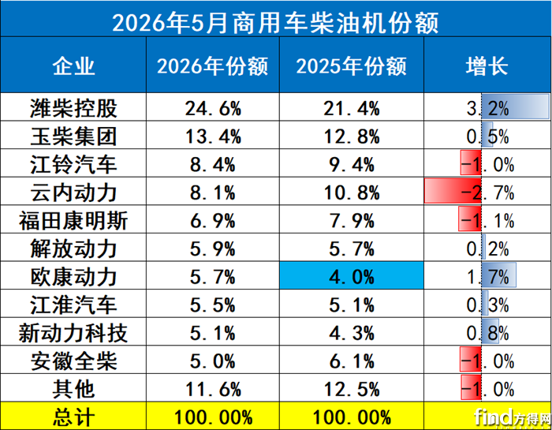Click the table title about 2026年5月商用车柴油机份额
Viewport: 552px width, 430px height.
click(275, 23)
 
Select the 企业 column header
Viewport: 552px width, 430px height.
click(73, 65)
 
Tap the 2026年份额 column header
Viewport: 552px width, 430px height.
click(212, 65)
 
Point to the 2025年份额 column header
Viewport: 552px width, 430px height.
click(352, 65)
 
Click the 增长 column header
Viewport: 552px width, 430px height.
click(487, 65)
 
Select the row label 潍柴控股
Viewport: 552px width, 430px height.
click(73, 108)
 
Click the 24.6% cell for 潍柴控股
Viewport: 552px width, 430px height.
click(213, 108)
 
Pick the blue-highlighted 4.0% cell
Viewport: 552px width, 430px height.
click(352, 275)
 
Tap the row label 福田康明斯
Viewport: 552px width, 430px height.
click(73, 221)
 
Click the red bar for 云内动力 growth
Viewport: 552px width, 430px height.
click(453, 191)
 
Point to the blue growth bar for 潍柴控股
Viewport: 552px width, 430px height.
click(516, 107)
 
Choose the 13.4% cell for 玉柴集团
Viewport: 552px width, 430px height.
click(213, 136)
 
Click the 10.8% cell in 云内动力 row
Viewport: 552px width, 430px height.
click(352, 193)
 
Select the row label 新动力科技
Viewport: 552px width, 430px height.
click(73, 333)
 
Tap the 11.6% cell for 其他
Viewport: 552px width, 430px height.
click(213, 390)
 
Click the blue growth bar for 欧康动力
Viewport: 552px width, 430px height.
click(499, 275)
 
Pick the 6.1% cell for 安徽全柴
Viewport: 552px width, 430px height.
click(352, 361)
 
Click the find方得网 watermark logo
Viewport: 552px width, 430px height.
click(513, 417)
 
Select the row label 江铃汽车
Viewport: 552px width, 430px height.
click(73, 164)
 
